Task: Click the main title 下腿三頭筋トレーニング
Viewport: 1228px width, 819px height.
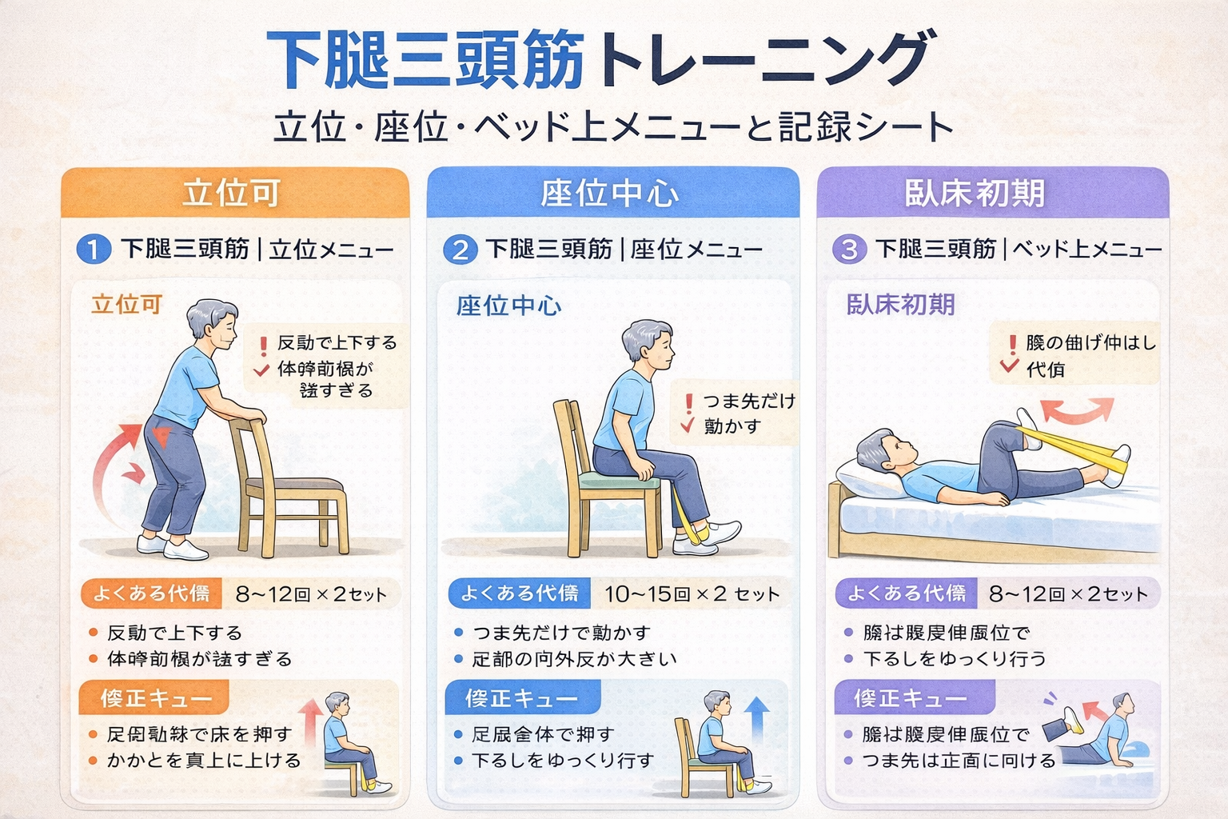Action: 598,61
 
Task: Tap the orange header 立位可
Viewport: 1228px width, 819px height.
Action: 232,194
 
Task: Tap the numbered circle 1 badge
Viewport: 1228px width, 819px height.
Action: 93,250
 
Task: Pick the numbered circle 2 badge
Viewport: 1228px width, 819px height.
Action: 460,250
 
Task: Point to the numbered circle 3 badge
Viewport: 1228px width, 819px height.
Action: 849,250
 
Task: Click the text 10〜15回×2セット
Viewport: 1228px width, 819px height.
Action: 692,594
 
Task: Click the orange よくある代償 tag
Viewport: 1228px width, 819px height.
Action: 150,593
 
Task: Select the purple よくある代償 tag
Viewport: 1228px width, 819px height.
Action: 906,593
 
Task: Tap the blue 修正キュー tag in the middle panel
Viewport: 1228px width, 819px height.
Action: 521,698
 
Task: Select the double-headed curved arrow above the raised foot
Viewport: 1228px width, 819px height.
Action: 1076,409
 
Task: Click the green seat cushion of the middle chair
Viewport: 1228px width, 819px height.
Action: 620,479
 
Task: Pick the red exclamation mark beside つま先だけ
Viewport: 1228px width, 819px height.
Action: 688,402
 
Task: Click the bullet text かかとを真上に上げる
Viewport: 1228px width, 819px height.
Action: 204,761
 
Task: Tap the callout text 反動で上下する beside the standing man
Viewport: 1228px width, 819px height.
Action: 337,343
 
